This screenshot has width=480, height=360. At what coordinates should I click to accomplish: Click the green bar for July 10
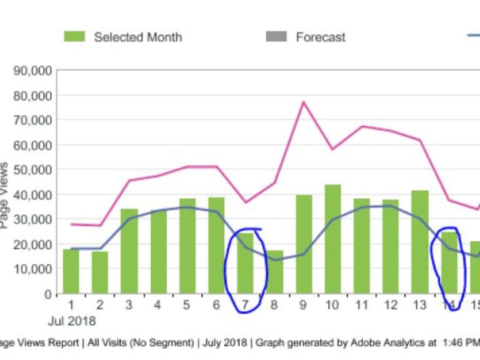pyautogui.click(x=332, y=239)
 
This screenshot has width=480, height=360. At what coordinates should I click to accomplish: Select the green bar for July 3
pyautogui.click(x=129, y=251)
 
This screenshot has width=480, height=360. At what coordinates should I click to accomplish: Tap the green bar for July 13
pyautogui.click(x=420, y=242)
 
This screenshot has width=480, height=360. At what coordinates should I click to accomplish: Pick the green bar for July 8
pyautogui.click(x=275, y=272)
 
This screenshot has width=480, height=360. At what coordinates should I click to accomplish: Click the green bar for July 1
pyautogui.click(x=71, y=271)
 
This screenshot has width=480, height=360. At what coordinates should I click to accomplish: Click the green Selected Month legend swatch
pyautogui.click(x=74, y=37)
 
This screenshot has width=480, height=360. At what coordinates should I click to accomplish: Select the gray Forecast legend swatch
pyautogui.click(x=276, y=37)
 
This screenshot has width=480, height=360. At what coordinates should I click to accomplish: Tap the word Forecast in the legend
pyautogui.click(x=321, y=37)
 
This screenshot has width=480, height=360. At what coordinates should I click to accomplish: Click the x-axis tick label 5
pyautogui.click(x=187, y=306)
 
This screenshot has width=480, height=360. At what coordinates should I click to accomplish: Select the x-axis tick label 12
pyautogui.click(x=391, y=306)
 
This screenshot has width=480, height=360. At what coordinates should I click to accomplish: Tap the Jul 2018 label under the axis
pyautogui.click(x=73, y=321)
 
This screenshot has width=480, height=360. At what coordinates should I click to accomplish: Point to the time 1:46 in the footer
pyautogui.click(x=453, y=342)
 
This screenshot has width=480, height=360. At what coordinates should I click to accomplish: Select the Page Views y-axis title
pyautogui.click(x=5, y=195)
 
